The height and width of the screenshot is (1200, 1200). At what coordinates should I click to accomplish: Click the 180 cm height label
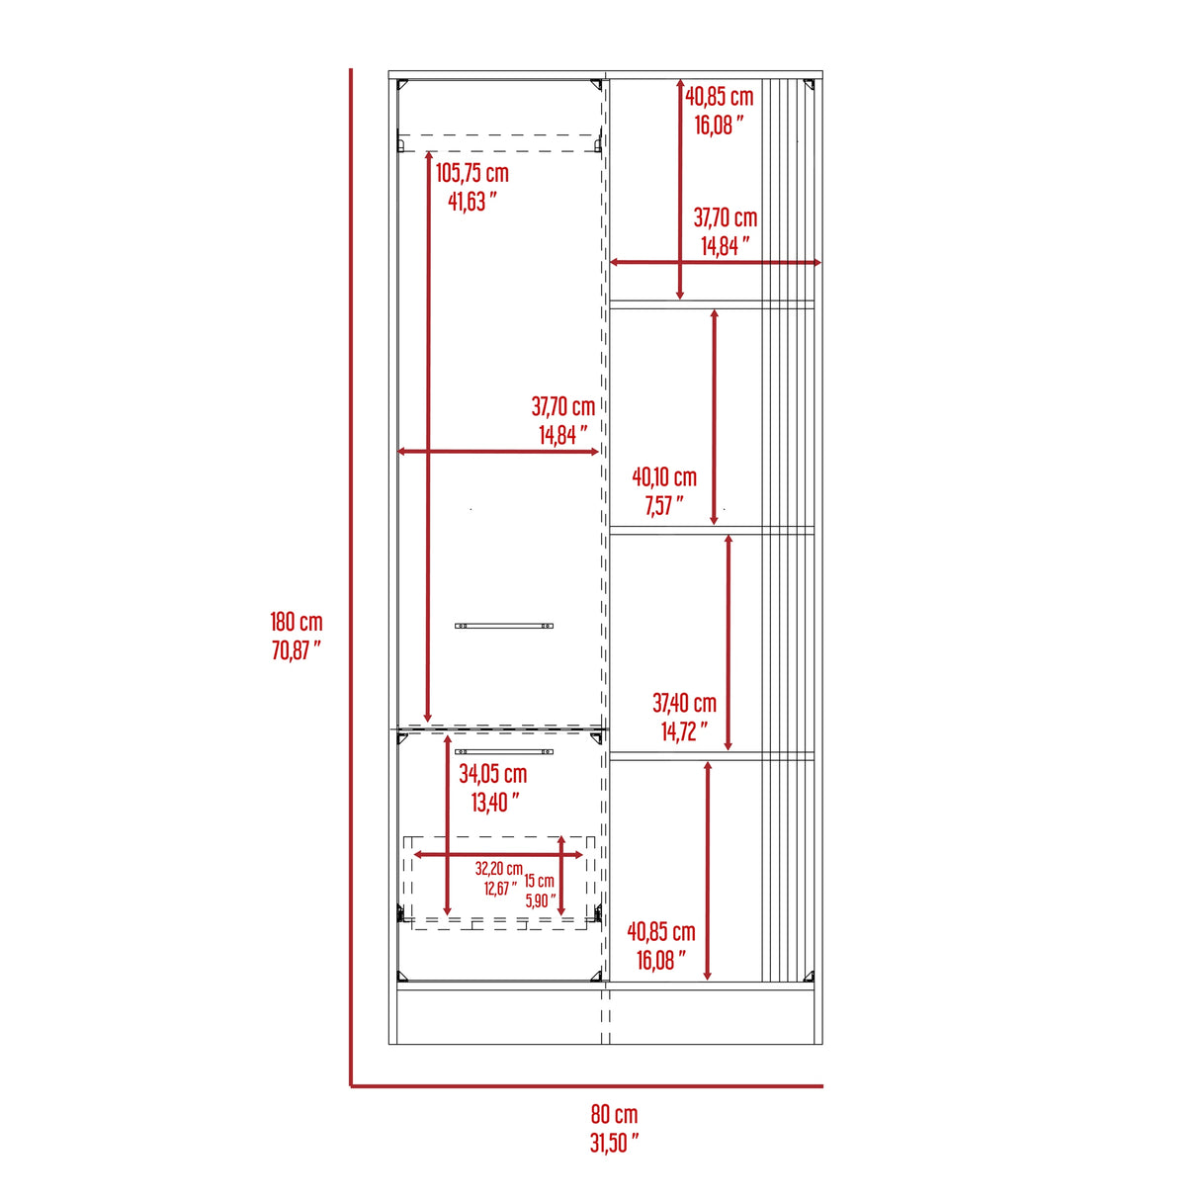(x=297, y=622)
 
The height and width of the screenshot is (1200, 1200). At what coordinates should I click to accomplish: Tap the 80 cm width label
(x=614, y=1114)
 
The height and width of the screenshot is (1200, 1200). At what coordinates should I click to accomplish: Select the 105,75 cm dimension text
(x=472, y=173)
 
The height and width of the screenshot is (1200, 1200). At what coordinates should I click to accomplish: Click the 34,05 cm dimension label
(x=492, y=774)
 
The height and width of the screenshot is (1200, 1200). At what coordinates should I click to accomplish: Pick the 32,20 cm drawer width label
(x=498, y=869)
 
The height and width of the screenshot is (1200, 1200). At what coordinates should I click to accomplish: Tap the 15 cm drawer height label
(x=539, y=881)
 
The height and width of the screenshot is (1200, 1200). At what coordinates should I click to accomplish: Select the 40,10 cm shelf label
(x=664, y=477)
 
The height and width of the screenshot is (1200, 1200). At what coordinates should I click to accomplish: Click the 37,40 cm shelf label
(x=684, y=703)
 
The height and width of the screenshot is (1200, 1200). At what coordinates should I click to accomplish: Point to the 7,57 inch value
(x=663, y=506)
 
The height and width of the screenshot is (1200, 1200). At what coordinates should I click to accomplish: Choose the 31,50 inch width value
(x=614, y=1143)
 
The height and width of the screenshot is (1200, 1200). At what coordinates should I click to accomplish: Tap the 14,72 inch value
(x=684, y=731)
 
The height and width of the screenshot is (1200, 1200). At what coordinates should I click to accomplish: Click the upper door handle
(x=504, y=626)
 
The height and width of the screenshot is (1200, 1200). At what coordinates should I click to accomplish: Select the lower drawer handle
(x=504, y=752)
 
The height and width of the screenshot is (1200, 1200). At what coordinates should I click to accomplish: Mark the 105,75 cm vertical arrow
(x=428, y=435)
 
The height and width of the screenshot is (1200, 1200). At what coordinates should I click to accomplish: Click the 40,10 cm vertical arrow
(x=715, y=416)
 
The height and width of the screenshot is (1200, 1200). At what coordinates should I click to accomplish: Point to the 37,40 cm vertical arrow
(x=729, y=643)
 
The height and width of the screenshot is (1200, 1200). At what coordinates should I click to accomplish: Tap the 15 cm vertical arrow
(x=561, y=876)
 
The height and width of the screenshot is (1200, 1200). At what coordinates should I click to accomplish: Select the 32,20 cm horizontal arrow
(x=498, y=854)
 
